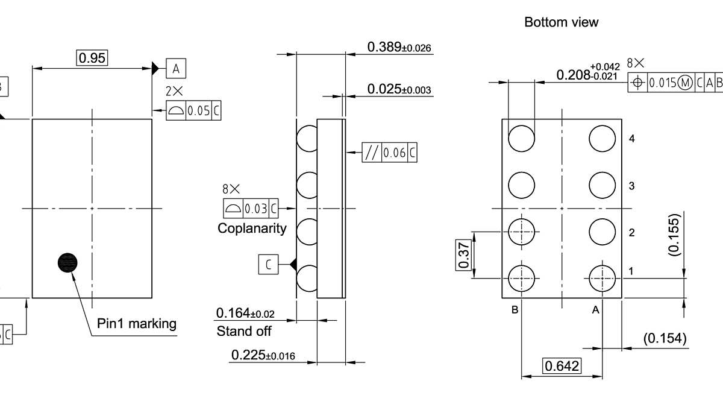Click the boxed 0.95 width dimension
(92, 58)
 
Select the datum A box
(176, 68)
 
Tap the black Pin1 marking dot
(68, 262)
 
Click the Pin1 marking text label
(137, 324)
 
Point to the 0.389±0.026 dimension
(399, 47)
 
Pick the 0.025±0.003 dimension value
(399, 90)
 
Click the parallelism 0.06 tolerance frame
(389, 153)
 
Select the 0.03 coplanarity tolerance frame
(251, 209)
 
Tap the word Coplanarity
(252, 229)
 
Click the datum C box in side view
(268, 264)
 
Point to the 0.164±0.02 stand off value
(245, 314)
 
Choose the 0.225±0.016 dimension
(263, 356)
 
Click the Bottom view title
(562, 22)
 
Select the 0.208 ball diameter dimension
(587, 74)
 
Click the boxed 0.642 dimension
(562, 366)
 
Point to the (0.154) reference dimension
(665, 338)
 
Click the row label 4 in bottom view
(631, 139)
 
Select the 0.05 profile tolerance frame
(194, 111)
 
